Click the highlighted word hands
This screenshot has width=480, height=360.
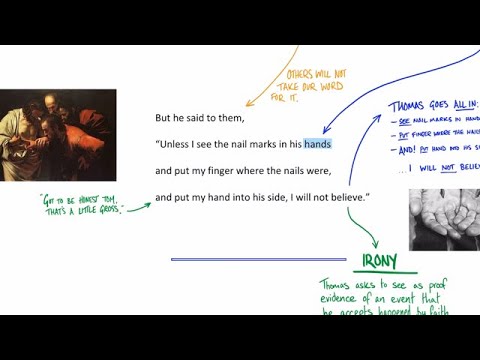pyautogui.click(x=317, y=144)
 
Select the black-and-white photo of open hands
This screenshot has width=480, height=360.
pyautogui.click(x=444, y=218)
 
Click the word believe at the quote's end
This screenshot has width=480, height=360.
pyautogui.click(x=346, y=198)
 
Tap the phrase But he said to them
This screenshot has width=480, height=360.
pyautogui.click(x=199, y=118)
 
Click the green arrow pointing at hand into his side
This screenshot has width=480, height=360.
pyautogui.click(x=139, y=207)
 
